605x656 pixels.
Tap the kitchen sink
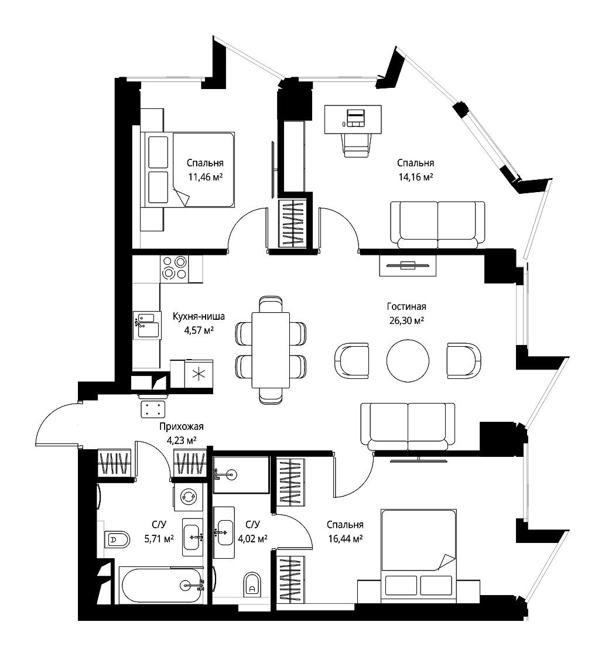pos(146,324)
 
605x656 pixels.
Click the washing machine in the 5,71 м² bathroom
pos(188,497)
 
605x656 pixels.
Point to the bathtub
pos(162,585)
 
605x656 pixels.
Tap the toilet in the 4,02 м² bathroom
pos(252,585)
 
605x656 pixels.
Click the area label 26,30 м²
pos(406,321)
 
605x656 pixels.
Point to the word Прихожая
pos(181,427)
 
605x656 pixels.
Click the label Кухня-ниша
pos(199,317)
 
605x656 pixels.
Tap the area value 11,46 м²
pos(205,177)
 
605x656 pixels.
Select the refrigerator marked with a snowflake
pos(199,373)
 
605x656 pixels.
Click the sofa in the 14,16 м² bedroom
pos(437,225)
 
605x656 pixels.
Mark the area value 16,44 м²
pos(345,539)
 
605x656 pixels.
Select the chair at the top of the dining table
pos(271,304)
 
